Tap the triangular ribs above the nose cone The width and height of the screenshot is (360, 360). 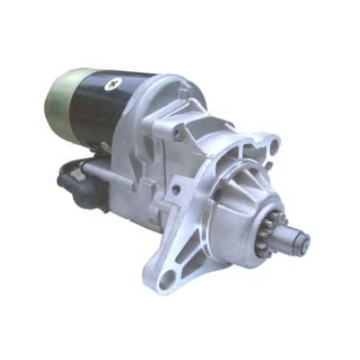(238, 172)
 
